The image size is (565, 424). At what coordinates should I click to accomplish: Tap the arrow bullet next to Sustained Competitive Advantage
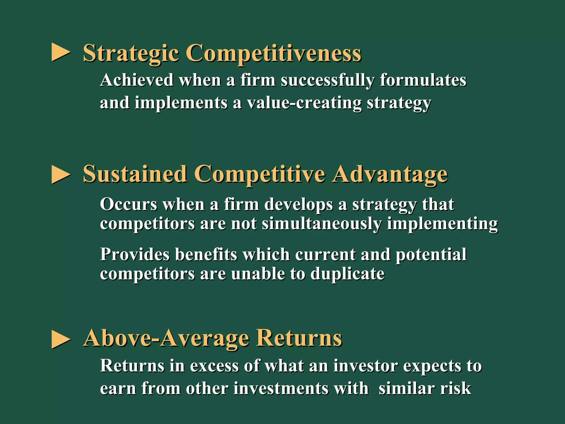coord(61,174)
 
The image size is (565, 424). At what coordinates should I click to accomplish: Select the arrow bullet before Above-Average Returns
coord(61,339)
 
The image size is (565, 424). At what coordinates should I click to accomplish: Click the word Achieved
coord(137,80)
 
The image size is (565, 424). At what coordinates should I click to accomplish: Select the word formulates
coord(423,80)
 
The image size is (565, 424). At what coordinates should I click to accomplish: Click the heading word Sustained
coord(135,174)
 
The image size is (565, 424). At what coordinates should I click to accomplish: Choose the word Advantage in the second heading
coord(390,174)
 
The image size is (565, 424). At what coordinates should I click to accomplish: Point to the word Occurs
coord(128,205)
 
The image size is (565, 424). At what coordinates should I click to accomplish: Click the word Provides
coord(135,254)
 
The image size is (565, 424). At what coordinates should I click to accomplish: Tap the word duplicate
coord(347,274)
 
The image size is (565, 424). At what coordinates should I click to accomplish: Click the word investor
coord(366,366)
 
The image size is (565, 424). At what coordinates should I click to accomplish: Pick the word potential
coord(431,254)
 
